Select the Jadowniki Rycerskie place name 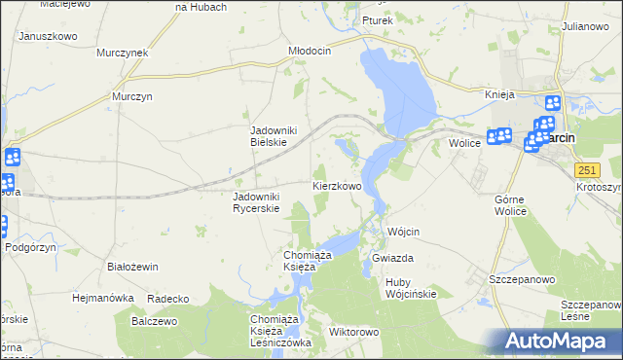click(256, 201)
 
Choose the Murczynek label click(122, 53)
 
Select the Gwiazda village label click(393, 258)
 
